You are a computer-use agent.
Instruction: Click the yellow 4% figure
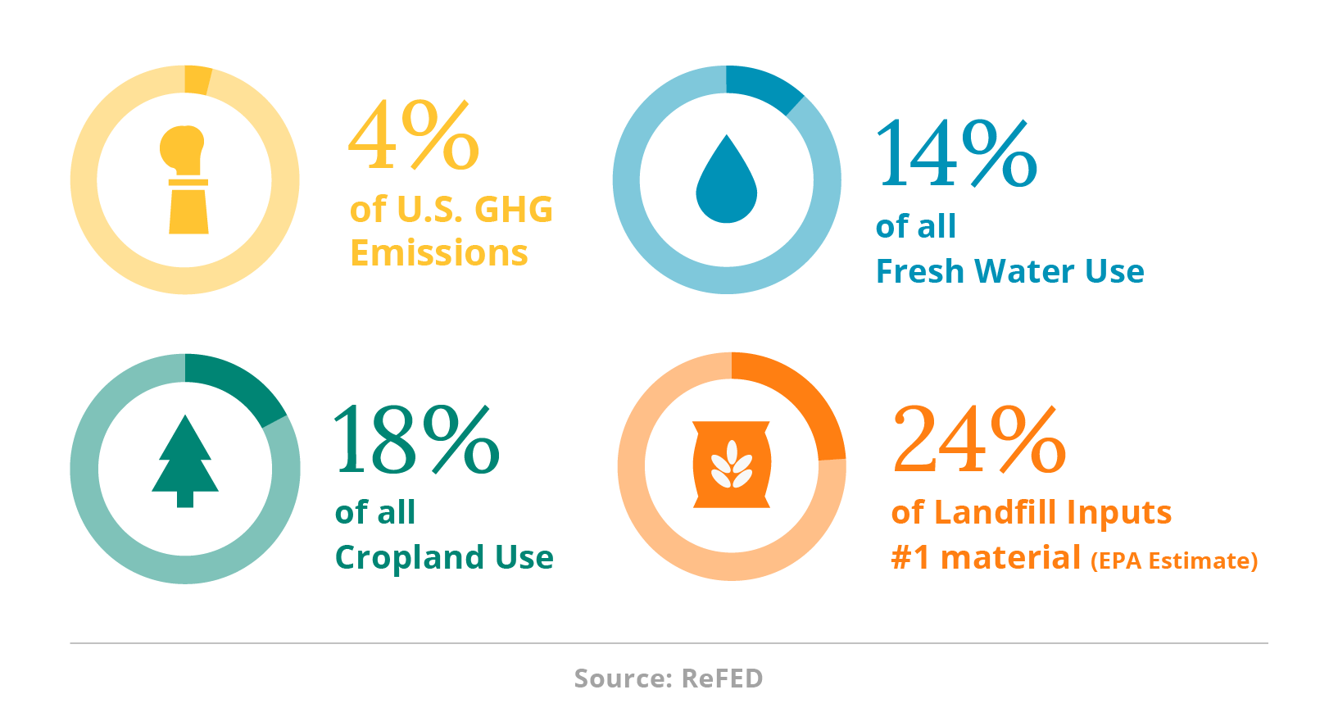[414, 135]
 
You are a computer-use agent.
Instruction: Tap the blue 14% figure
[956, 152]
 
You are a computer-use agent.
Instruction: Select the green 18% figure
[417, 439]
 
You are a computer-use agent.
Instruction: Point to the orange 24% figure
[979, 438]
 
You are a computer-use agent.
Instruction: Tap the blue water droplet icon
[726, 179]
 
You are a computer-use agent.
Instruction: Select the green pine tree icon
[185, 461]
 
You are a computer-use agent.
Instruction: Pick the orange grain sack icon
[732, 465]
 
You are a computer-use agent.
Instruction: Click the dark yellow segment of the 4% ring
[197, 79]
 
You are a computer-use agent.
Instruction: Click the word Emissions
[439, 252]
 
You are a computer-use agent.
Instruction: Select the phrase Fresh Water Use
[1009, 271]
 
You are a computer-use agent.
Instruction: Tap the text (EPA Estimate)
[1174, 561]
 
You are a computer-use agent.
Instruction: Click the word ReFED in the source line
[722, 678]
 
